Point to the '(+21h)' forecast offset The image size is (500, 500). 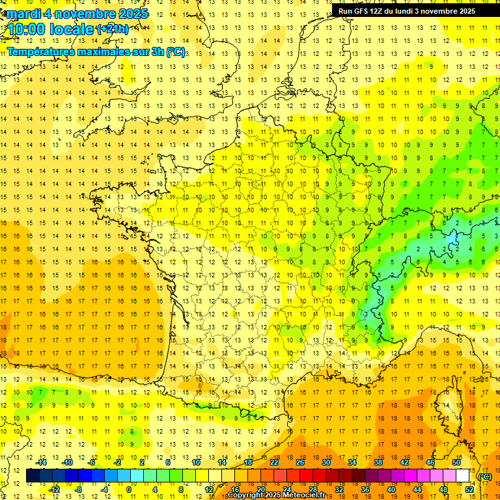112,29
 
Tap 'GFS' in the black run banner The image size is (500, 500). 365,10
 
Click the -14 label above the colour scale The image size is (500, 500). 42,462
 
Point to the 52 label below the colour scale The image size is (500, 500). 469,490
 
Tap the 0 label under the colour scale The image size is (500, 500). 129,490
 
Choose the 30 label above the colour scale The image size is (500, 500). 325,462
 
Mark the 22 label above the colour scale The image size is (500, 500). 274,462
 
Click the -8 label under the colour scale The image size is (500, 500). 78,490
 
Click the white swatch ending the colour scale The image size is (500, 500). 463,476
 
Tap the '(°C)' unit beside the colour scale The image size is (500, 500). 485,476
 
